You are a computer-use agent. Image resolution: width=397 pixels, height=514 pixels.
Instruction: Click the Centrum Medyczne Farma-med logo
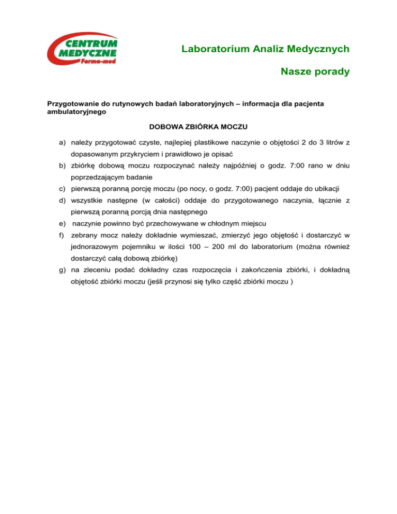click(83, 50)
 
